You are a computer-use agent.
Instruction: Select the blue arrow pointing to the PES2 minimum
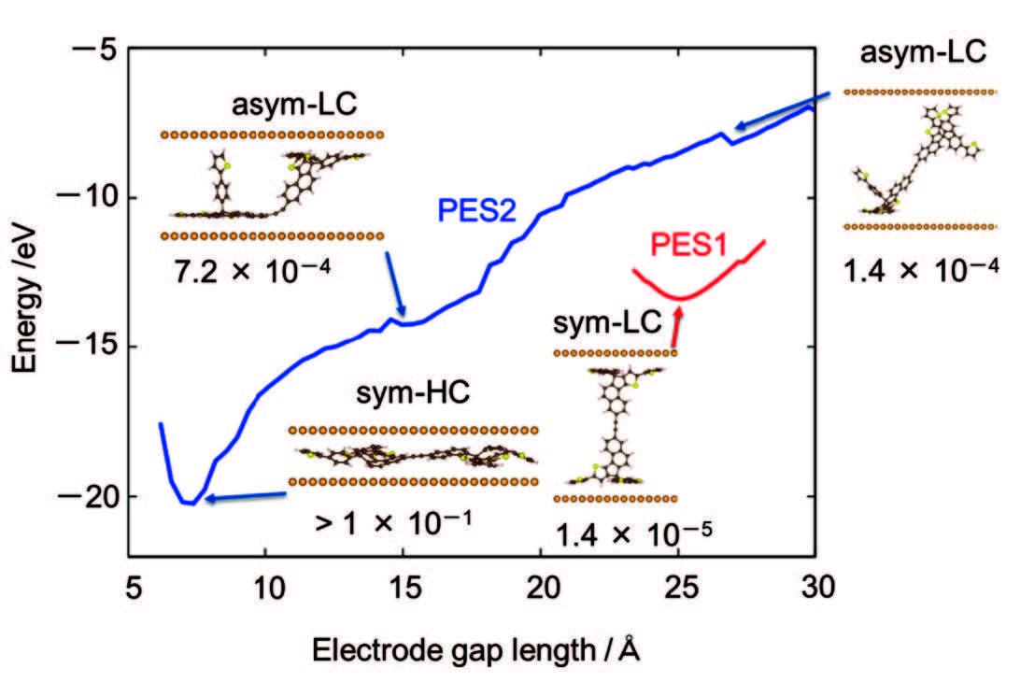pos(245,496)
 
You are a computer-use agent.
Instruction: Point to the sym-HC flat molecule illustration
pos(412,457)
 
